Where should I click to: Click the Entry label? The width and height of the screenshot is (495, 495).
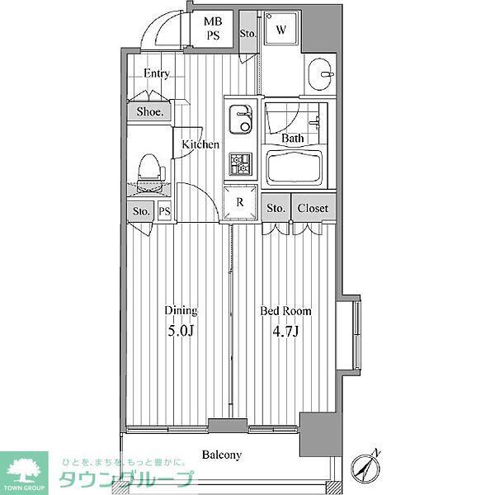pos(157,73)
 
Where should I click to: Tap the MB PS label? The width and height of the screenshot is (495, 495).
pos(213,28)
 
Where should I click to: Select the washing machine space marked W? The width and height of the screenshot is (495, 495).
pos(280,28)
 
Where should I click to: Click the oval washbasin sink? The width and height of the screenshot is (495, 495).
pos(320,74)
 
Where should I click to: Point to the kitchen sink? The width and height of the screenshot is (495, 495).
pos(241,119)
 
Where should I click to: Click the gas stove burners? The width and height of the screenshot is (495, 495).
pos(241,164)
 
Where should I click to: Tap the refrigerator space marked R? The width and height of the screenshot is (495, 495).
pos(240,202)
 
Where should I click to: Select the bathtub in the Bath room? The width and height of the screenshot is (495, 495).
pos(295,167)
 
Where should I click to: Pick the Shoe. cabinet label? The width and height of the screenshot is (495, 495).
pos(150,111)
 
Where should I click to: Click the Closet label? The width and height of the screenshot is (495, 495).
pos(313,209)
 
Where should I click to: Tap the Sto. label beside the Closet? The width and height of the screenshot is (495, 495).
pos(276,209)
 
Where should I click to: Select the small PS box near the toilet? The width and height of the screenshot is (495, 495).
pos(164,210)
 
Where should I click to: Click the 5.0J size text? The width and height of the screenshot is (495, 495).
pos(180,331)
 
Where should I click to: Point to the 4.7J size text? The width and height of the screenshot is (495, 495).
pos(285,332)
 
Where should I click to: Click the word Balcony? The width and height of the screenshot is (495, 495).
pos(222,455)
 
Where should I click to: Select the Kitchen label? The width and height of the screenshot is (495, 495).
pos(200,144)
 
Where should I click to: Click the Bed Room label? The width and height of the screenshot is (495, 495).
pos(285,311)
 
